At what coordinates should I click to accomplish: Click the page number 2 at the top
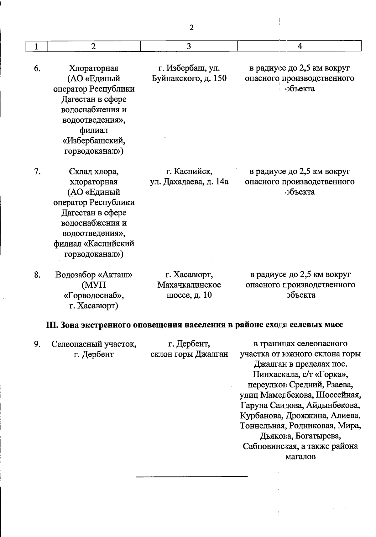191,28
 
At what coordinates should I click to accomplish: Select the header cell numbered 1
37,46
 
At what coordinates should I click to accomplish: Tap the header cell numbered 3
189,46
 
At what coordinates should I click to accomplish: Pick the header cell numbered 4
300,46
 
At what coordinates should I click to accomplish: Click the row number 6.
37,68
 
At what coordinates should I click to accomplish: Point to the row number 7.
37,172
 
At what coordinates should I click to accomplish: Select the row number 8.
37,275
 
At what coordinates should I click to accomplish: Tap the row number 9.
37,344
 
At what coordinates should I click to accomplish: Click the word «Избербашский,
94,141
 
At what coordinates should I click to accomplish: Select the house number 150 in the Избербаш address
220,78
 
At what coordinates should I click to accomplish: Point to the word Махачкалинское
189,285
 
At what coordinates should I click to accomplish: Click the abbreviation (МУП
93,285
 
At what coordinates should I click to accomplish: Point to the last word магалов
300,456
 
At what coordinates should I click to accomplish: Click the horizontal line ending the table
192,477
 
